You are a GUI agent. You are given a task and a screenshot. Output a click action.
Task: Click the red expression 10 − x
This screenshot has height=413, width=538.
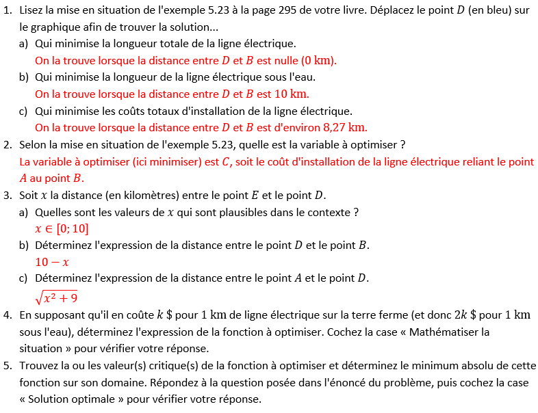52,262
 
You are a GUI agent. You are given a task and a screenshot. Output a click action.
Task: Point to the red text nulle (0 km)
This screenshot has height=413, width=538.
305,60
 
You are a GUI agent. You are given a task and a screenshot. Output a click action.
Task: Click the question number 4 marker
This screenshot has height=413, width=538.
7,315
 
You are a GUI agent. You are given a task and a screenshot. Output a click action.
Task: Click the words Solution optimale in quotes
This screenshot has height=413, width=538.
73,399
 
